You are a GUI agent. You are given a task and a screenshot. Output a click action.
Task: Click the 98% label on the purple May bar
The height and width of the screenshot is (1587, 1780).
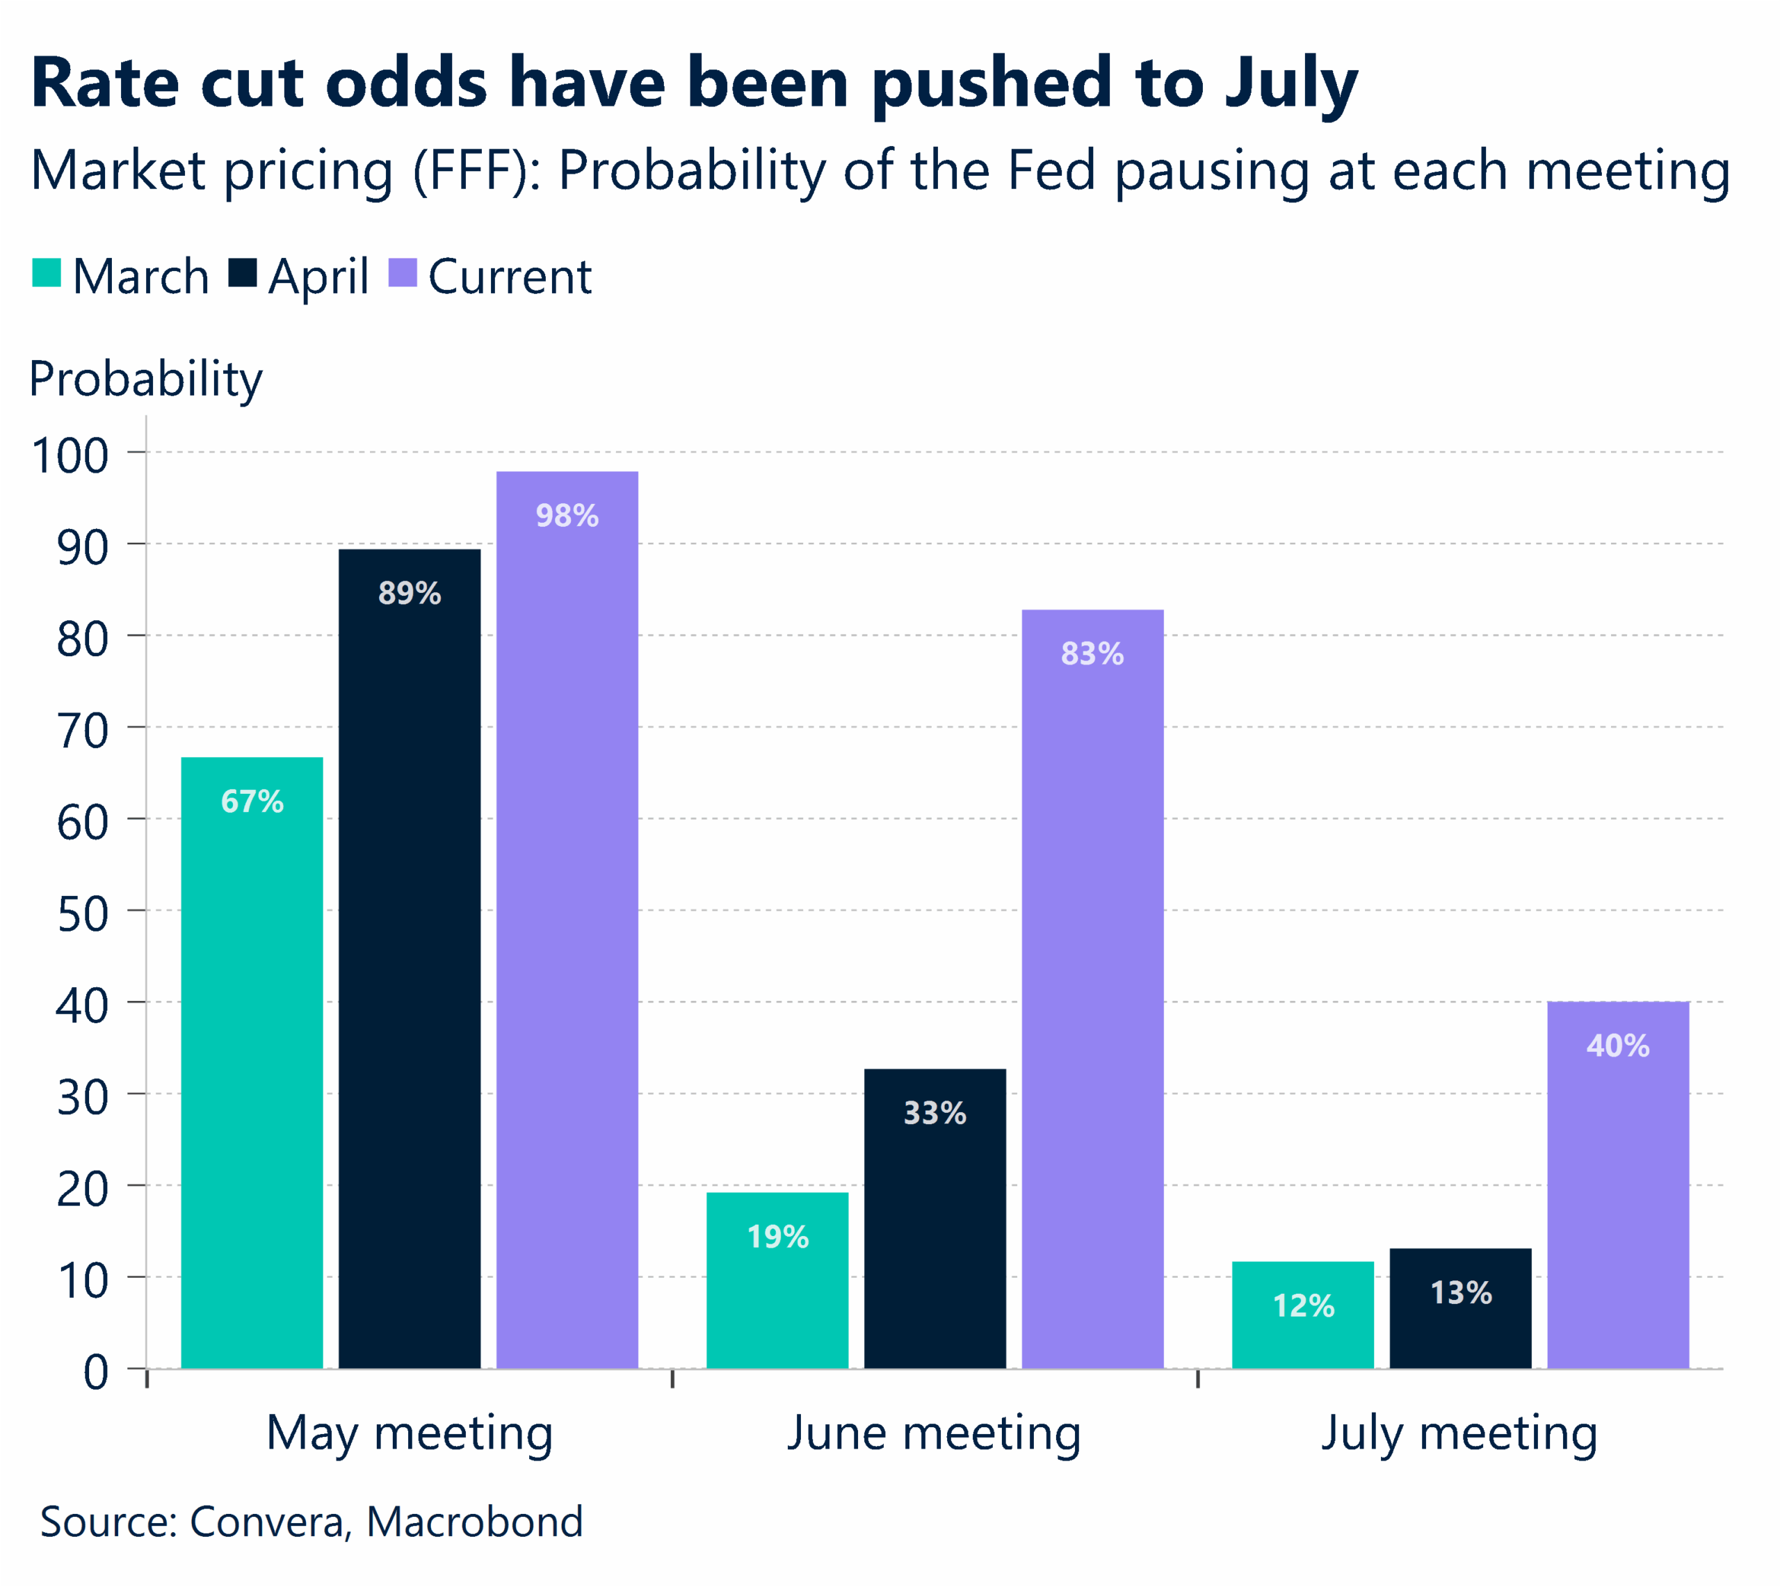pyautogui.click(x=567, y=515)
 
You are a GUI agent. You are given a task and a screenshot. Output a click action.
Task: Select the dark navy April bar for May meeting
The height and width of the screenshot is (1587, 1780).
pyautogui.click(x=409, y=959)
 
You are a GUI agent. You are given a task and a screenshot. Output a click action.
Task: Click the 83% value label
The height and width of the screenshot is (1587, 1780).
pyautogui.click(x=1092, y=653)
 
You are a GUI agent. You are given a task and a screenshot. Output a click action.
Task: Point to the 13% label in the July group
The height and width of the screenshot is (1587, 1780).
pyautogui.click(x=1461, y=1292)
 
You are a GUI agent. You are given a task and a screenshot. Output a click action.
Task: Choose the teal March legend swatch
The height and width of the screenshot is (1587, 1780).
pyautogui.click(x=46, y=273)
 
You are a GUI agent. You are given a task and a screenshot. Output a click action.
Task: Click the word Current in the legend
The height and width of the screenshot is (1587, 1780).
pyautogui.click(x=510, y=277)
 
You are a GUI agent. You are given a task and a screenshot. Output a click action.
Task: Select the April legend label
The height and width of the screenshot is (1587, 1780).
pyautogui.click(x=318, y=277)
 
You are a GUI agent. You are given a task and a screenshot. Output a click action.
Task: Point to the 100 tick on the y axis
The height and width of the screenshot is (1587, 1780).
pyautogui.click(x=70, y=455)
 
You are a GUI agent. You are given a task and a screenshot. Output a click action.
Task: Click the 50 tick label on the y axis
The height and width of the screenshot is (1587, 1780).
pyautogui.click(x=83, y=914)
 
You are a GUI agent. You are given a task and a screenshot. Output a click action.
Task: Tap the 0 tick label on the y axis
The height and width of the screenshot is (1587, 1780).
pyautogui.click(x=96, y=1372)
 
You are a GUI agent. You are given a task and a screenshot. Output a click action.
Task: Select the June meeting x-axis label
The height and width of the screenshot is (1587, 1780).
pyautogui.click(x=933, y=1434)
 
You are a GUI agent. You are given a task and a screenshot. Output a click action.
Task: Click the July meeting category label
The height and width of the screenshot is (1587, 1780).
pyautogui.click(x=1459, y=1434)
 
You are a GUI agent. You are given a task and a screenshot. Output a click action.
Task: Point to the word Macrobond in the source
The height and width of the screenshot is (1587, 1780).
pyautogui.click(x=474, y=1522)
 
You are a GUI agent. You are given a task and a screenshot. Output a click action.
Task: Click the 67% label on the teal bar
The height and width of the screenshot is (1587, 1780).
pyautogui.click(x=252, y=801)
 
